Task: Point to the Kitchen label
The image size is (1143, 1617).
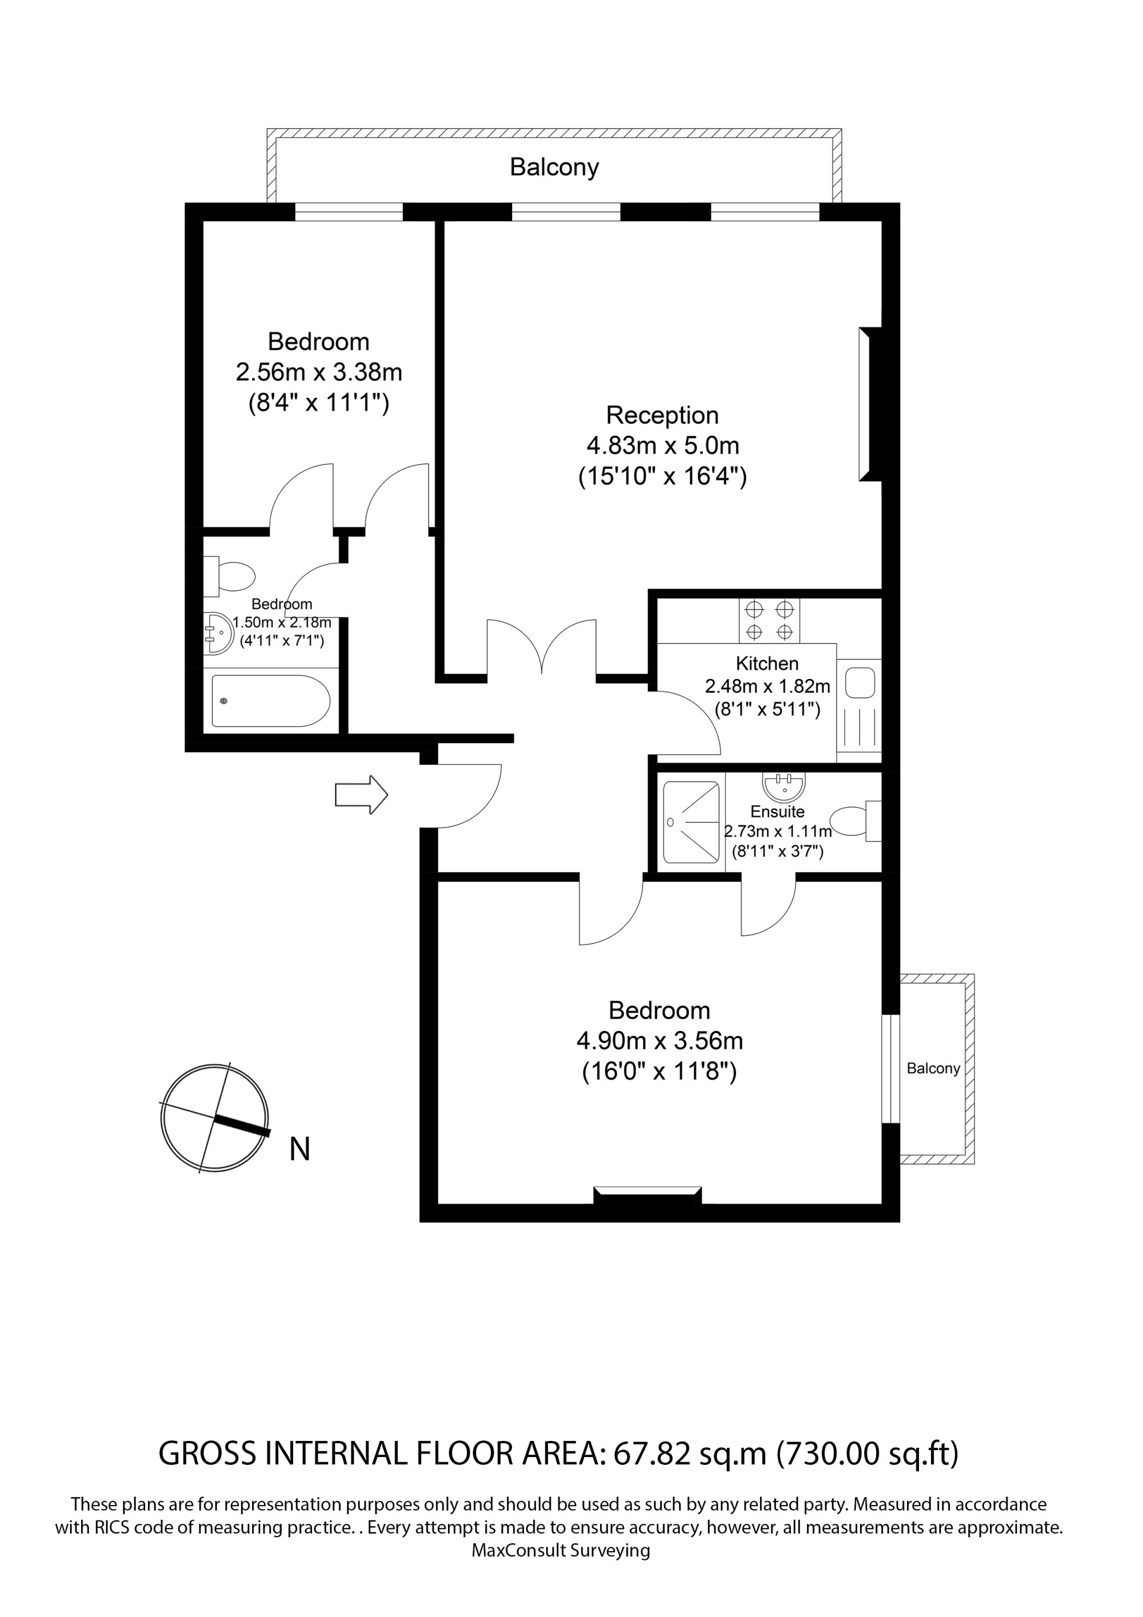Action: [767, 664]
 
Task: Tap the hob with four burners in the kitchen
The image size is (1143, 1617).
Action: [770, 621]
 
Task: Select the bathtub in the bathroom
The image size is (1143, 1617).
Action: [271, 701]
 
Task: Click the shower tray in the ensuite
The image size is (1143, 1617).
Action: [691, 822]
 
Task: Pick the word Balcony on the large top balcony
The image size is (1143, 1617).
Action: [554, 167]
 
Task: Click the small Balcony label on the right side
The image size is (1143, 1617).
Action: [933, 1068]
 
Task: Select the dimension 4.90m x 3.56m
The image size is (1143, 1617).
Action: [660, 1040]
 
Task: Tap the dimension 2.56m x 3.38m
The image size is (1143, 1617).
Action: [319, 372]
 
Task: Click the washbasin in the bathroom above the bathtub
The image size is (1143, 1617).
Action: [218, 632]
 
